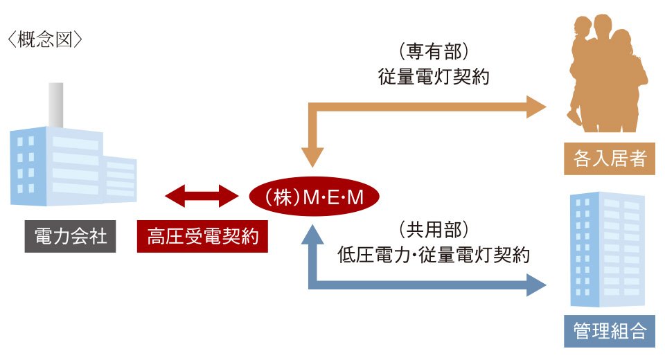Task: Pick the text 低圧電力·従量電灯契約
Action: coord(434,253)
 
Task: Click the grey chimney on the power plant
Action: coord(55,104)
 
